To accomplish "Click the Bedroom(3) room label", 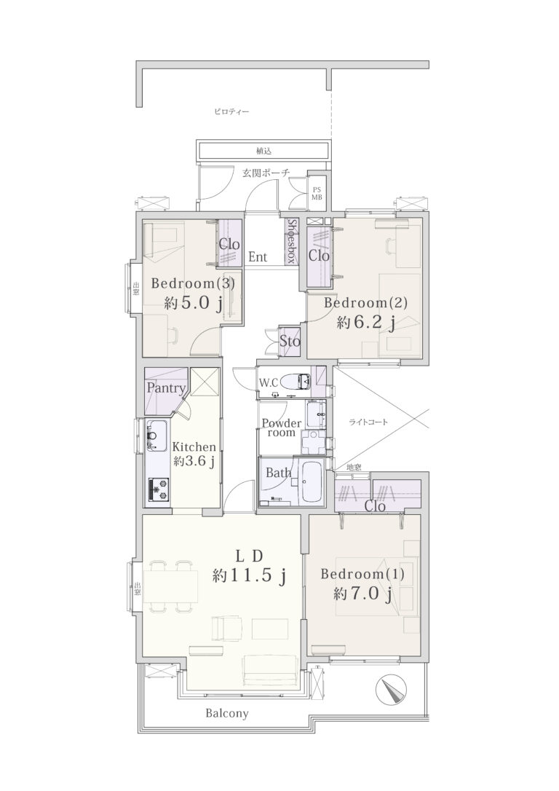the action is click(x=193, y=283).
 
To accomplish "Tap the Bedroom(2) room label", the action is click(x=365, y=303).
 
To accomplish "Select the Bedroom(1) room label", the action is click(x=362, y=574).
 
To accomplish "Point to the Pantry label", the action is click(x=166, y=388).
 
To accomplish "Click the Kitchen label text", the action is click(x=194, y=446).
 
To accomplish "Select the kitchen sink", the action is click(x=156, y=436).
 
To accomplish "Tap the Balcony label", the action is click(x=227, y=713).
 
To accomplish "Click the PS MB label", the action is click(x=317, y=193).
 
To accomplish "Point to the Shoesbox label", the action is click(x=291, y=241).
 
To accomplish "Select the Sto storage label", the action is click(x=290, y=342).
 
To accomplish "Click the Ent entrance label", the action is click(x=258, y=257).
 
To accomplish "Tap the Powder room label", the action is click(x=281, y=428).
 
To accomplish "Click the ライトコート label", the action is click(x=368, y=422).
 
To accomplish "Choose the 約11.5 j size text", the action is click(x=250, y=575).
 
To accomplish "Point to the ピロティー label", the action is click(x=231, y=111).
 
